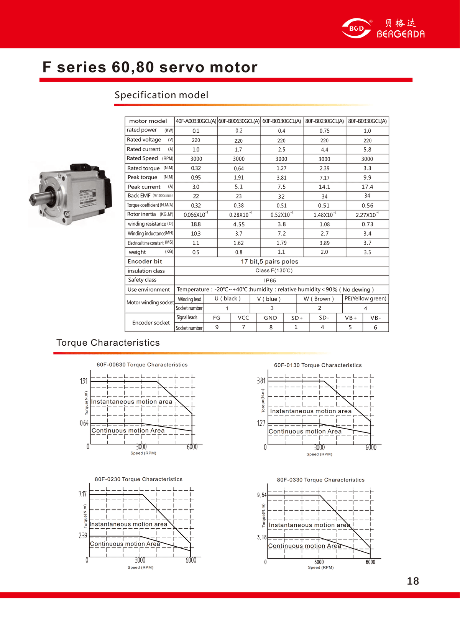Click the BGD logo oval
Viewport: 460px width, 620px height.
click(x=356, y=28)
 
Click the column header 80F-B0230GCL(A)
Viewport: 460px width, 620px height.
click(x=324, y=121)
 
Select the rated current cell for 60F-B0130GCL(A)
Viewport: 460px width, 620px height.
click(x=281, y=150)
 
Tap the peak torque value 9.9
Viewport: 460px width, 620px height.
click(x=367, y=178)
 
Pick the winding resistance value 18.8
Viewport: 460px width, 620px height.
click(x=195, y=224)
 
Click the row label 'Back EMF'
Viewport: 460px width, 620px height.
click(x=139, y=196)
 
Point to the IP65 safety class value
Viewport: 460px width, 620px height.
click(x=270, y=280)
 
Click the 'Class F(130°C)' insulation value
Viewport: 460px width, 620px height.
click(x=274, y=270)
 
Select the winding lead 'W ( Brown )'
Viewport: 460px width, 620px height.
click(x=319, y=299)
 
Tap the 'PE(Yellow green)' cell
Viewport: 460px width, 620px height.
click(x=365, y=298)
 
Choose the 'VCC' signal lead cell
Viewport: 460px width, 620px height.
click(x=243, y=318)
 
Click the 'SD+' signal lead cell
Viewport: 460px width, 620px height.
click(x=297, y=318)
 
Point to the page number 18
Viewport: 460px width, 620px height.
click(x=413, y=581)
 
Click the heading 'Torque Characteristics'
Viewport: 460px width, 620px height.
click(x=108, y=343)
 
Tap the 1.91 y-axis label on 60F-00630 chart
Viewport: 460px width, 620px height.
click(x=84, y=381)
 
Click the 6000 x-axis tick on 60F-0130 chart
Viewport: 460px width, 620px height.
click(x=371, y=447)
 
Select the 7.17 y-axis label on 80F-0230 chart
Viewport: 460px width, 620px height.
click(x=82, y=494)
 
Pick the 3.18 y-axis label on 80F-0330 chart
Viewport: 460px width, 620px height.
click(x=261, y=537)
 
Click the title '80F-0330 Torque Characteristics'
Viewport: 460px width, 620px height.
click(x=320, y=480)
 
